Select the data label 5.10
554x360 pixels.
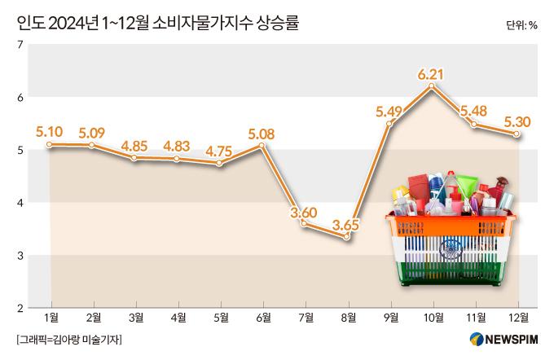click(50, 130)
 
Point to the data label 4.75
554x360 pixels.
click(219, 151)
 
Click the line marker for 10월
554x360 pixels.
click(433, 86)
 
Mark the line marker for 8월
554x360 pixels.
click(347, 237)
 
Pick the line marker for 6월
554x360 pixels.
click(262, 147)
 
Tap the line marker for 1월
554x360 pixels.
click(51, 144)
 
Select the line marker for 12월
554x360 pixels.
click(517, 134)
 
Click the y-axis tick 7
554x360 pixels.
click(19, 44)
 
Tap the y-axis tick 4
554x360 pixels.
click(19, 202)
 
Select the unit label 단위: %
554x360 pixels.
click(521, 25)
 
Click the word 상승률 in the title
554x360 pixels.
click(277, 24)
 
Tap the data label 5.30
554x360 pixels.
click(518, 122)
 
